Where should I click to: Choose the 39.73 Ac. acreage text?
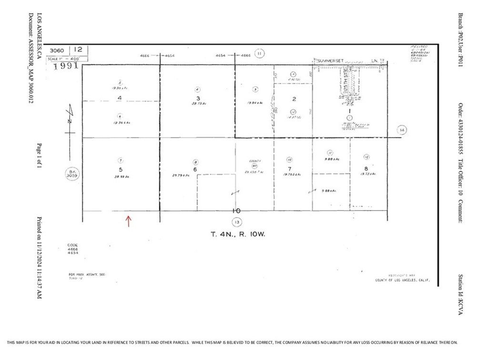[197, 102]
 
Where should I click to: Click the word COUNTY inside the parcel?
[255, 161]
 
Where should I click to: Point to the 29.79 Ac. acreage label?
[181, 175]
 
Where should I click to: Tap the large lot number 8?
[366, 168]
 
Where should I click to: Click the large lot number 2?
[294, 99]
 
